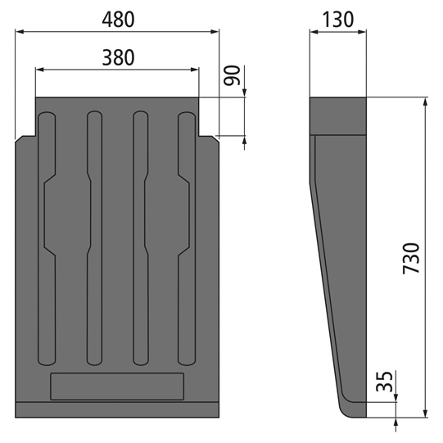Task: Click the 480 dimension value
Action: (118, 20)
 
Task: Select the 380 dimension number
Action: (118, 57)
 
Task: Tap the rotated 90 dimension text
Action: (232, 75)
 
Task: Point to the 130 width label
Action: (337, 20)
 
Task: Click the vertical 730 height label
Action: (411, 258)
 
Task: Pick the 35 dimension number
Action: (385, 382)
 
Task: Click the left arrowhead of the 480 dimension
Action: (20, 32)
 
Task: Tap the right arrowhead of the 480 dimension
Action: (215, 32)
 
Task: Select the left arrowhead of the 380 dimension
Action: (40, 70)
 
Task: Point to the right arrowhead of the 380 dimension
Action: (195, 70)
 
